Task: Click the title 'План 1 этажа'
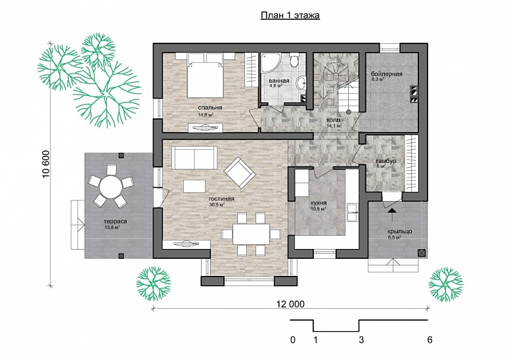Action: click(x=286, y=17)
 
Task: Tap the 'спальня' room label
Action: click(x=211, y=107)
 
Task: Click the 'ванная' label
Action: click(x=279, y=81)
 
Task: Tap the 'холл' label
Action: click(x=334, y=121)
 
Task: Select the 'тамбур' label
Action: click(x=385, y=161)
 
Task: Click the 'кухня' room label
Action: click(x=319, y=204)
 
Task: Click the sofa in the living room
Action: click(x=194, y=158)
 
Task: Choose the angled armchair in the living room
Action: click(x=238, y=171)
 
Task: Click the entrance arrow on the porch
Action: click(x=392, y=211)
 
